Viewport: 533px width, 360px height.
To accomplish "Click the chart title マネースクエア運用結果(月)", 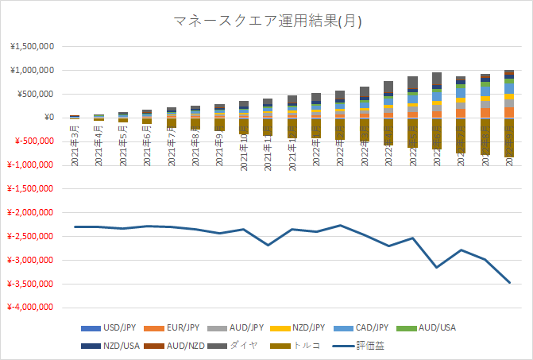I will coord(267,21).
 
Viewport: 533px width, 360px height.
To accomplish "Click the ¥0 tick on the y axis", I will coord(47,118).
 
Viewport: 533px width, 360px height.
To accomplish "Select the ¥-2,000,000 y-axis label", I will coord(30,212).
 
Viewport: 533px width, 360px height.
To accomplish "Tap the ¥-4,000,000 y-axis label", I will coord(30,307).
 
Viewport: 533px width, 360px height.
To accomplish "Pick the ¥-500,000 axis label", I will coord(34,141).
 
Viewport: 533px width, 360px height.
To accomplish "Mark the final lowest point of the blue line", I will coord(509,282).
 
